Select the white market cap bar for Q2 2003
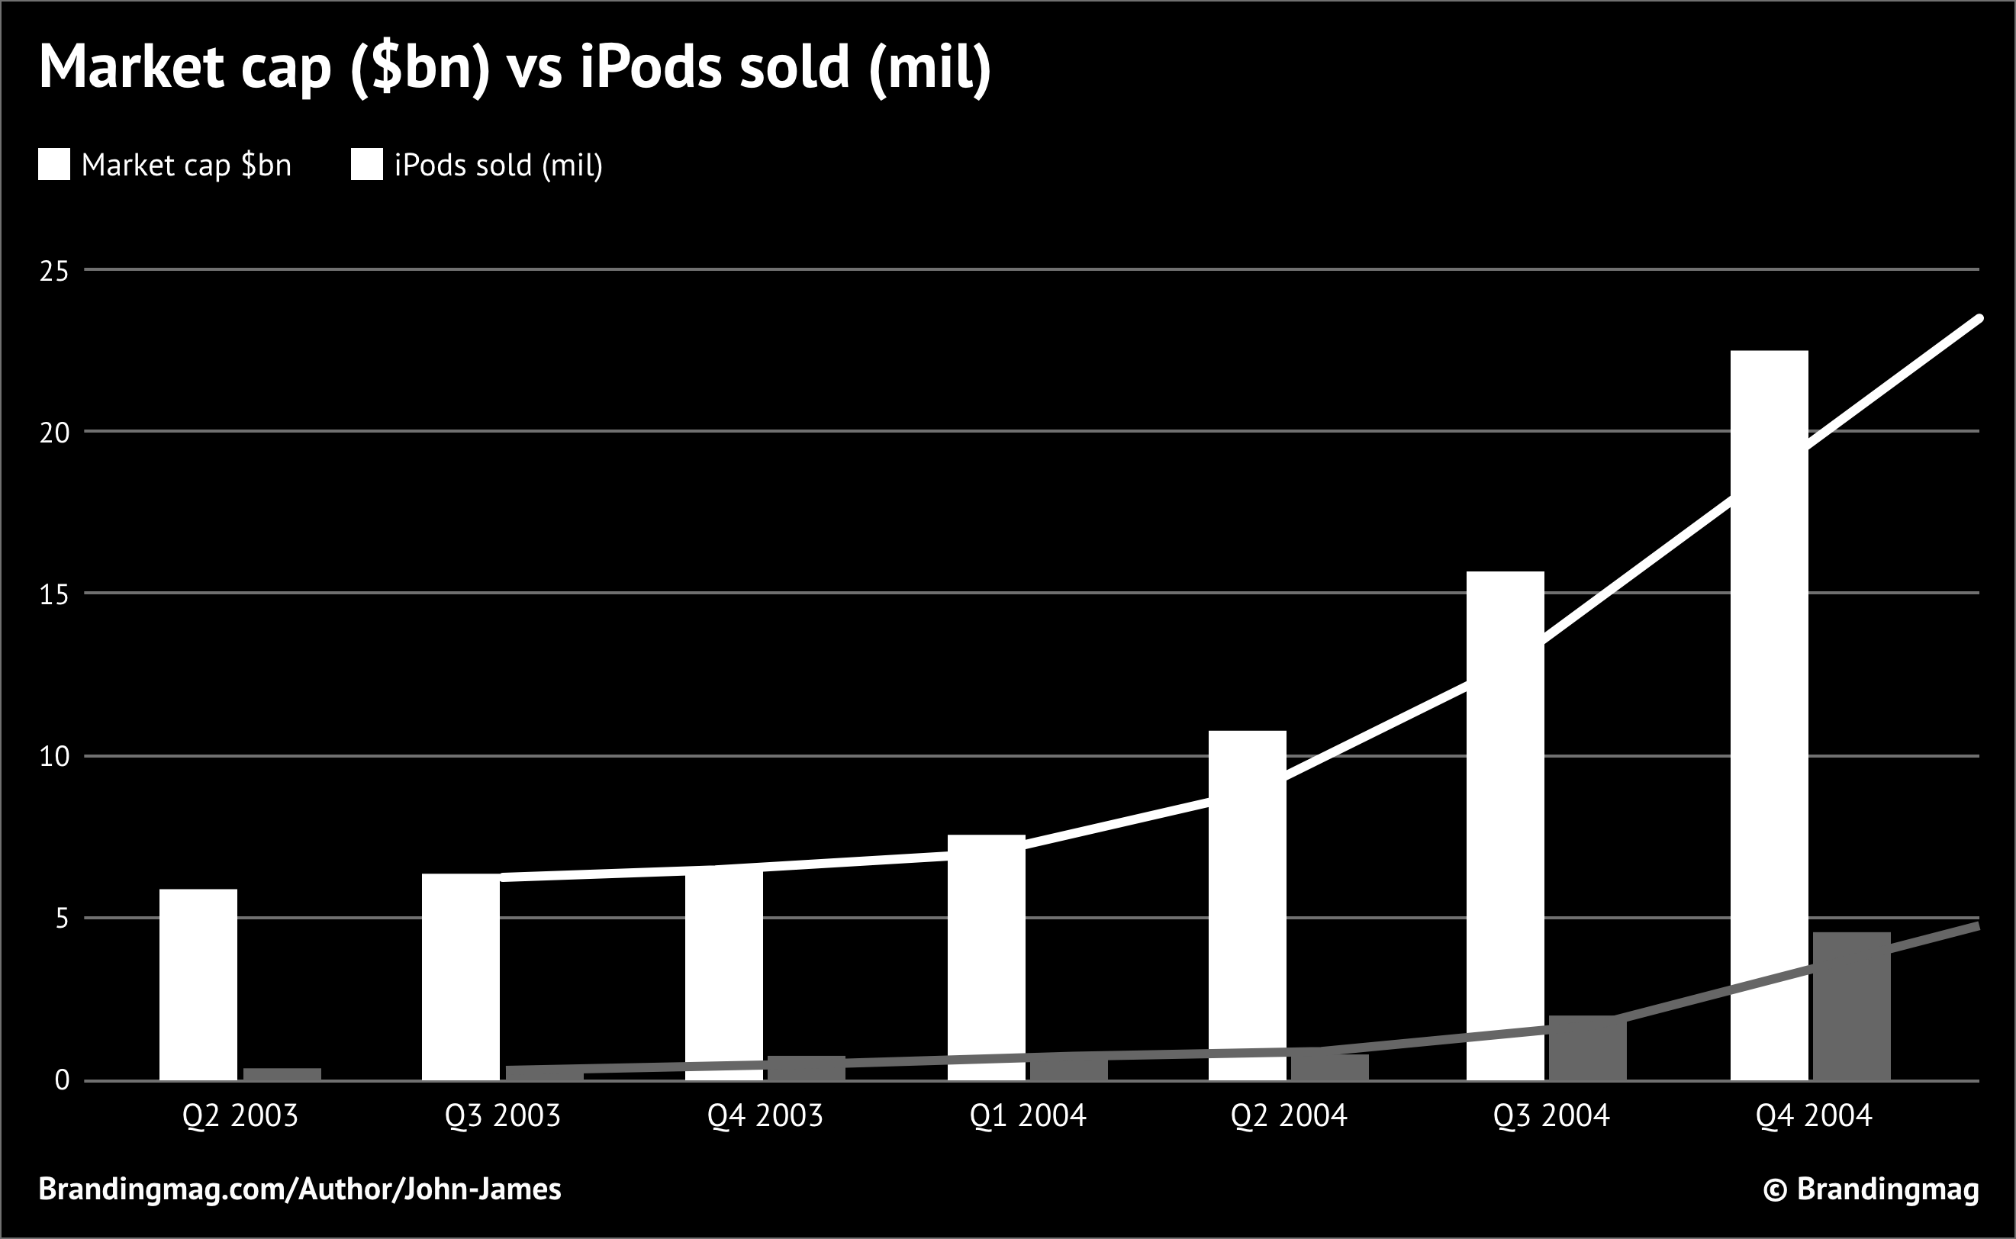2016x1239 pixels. pyautogui.click(x=198, y=984)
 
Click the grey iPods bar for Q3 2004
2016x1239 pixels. pyautogui.click(x=1587, y=1048)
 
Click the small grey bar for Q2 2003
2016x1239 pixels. pyautogui.click(x=282, y=1073)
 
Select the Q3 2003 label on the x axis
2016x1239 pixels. pyautogui.click(x=502, y=1116)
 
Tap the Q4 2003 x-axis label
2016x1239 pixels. pyautogui.click(x=765, y=1116)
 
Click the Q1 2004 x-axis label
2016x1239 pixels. pyautogui.click(x=1028, y=1116)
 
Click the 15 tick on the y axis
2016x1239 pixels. pyautogui.click(x=54, y=594)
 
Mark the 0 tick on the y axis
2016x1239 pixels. pyautogui.click(x=62, y=1081)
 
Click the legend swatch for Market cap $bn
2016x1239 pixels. pyautogui.click(x=54, y=165)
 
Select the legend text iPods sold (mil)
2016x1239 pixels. pyautogui.click(x=498, y=166)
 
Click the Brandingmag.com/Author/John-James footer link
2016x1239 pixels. pyautogui.click(x=300, y=1189)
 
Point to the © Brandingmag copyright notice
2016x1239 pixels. pyautogui.click(x=1871, y=1189)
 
